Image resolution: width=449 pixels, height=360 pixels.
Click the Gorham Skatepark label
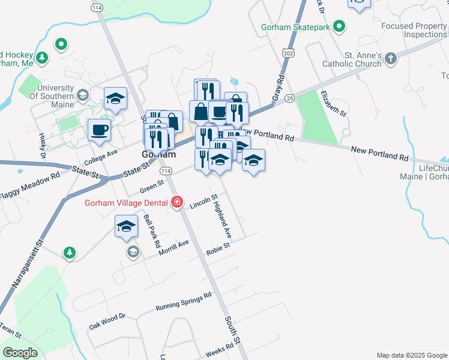tap(296, 27)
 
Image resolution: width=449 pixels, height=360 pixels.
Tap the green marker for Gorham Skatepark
tap(339, 27)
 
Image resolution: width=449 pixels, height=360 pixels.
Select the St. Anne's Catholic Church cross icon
tap(391, 59)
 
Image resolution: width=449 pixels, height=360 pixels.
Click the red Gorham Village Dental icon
tap(177, 202)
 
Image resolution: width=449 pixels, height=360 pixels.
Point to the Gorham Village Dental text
tap(126, 202)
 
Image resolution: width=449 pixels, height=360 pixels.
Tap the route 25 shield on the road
tap(290, 98)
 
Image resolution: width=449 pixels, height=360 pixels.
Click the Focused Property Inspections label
tap(414, 31)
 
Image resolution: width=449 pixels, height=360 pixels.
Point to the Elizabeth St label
tap(333, 103)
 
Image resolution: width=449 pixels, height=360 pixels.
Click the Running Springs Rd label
tap(183, 302)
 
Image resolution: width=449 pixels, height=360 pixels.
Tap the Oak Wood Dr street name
tap(107, 321)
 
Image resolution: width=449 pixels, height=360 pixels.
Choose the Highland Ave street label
tap(222, 219)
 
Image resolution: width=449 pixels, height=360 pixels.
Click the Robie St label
tap(218, 247)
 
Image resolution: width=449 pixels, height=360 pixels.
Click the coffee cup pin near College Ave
tap(100, 130)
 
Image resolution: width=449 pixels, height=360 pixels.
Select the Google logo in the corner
tap(20, 353)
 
